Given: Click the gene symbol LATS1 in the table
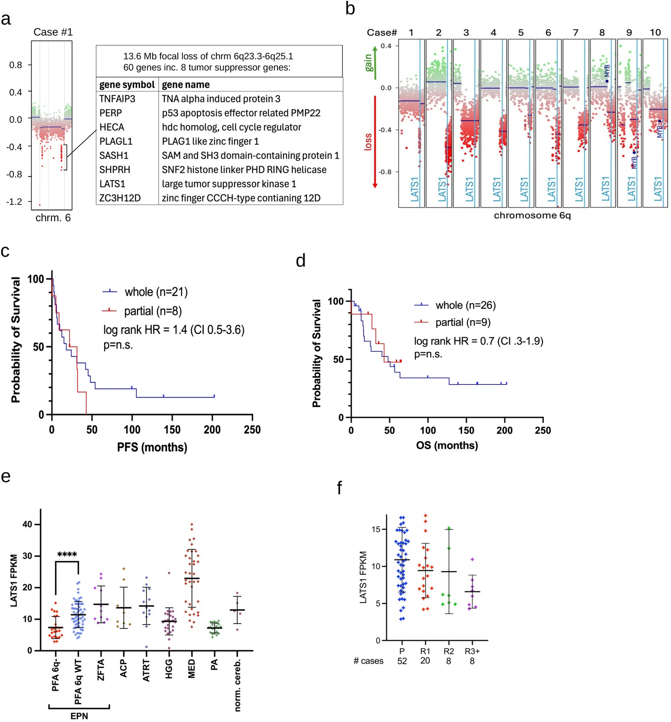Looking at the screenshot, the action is click(112, 184).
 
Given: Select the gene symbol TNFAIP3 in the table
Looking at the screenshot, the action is click(117, 99).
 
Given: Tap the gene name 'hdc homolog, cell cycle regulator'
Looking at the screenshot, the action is click(231, 127).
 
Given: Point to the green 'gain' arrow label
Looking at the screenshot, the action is click(368, 62).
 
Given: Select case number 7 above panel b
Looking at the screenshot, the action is click(575, 33).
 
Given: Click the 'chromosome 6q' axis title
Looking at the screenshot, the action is click(532, 215).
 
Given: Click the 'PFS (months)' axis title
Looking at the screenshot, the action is click(152, 447).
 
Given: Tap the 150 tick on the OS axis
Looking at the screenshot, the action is click(466, 430).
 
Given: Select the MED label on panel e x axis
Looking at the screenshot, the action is click(191, 669).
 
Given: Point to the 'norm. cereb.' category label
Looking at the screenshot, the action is click(237, 685).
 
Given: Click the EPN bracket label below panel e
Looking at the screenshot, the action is click(79, 716).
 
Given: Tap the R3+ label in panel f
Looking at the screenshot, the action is click(472, 651).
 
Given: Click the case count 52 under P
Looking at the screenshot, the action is click(402, 661).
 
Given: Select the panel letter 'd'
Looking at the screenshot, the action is click(301, 261).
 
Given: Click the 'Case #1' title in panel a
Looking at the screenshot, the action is click(53, 32).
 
